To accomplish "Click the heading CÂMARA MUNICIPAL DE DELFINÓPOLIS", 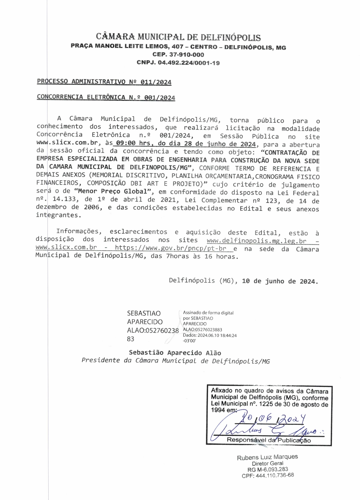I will click(178, 37).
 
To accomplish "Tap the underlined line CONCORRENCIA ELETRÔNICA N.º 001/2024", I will click(106, 97).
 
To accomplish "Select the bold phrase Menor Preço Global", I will click(114, 192).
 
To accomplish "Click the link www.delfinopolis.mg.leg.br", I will click(256, 241).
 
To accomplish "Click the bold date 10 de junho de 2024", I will click(280, 281).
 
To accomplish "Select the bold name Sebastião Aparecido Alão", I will click(175, 353).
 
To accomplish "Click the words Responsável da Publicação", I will click(269, 440).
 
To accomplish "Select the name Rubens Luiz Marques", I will click(267, 457).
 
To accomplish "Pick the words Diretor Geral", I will click(267, 463).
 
